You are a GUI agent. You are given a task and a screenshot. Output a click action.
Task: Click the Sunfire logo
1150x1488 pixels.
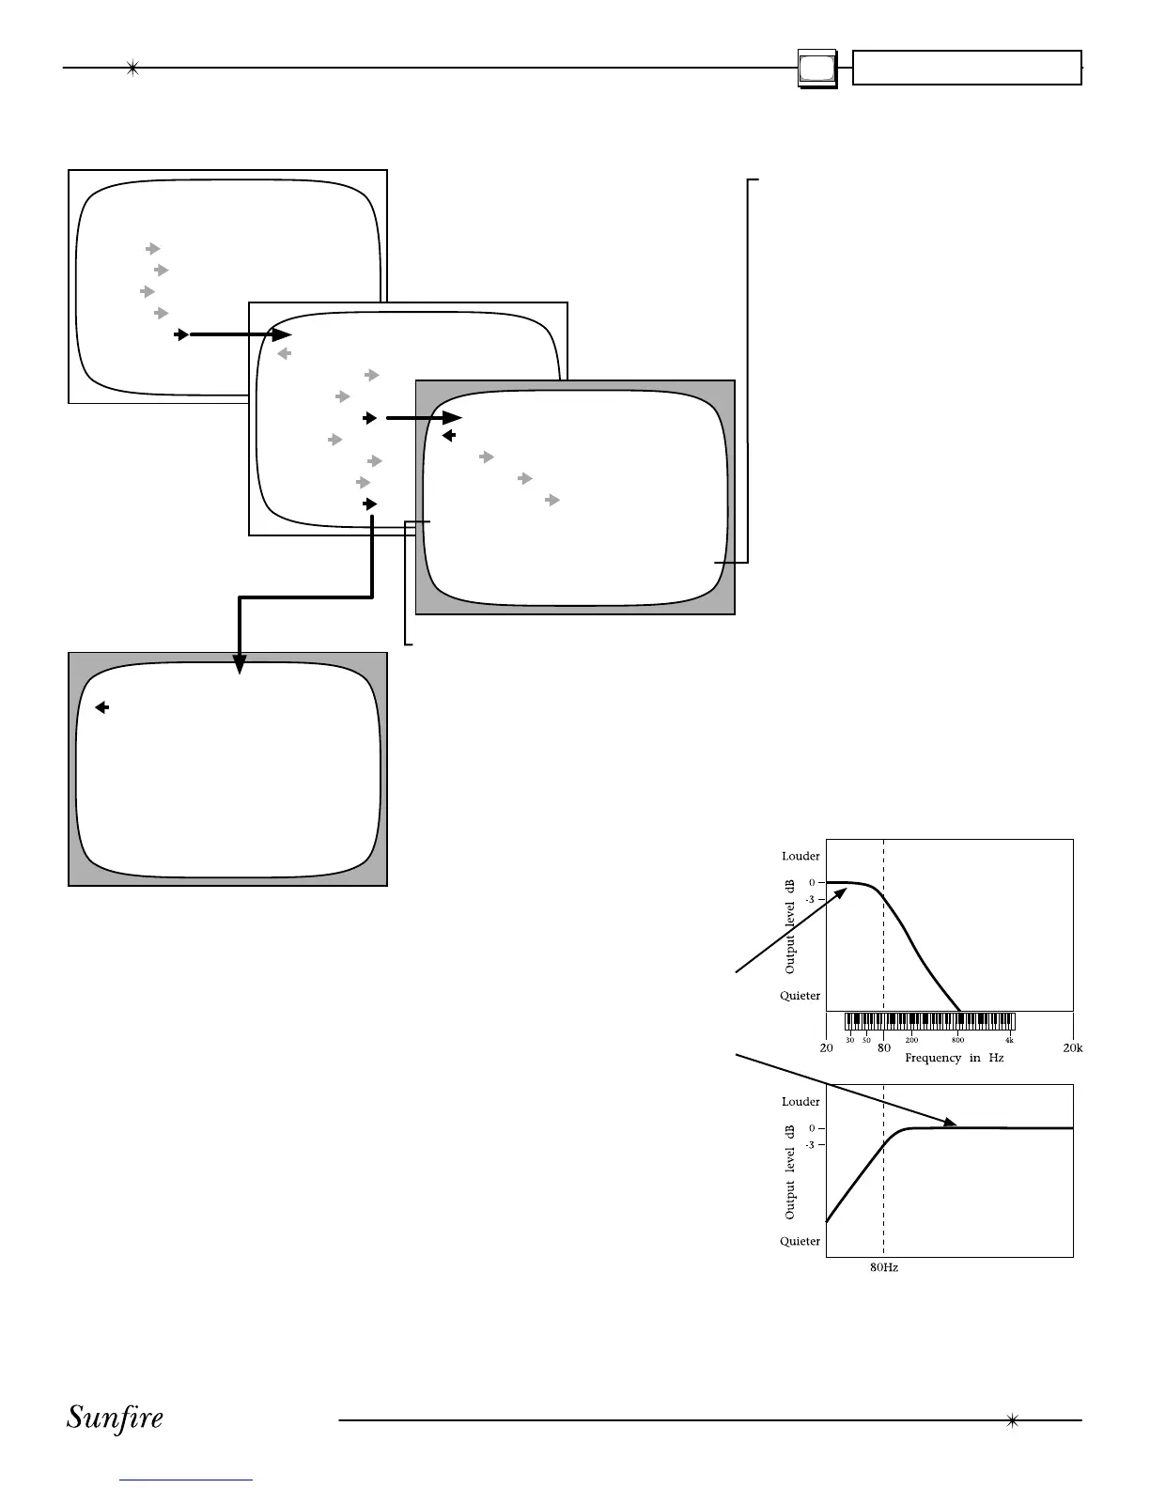pyautogui.click(x=115, y=1418)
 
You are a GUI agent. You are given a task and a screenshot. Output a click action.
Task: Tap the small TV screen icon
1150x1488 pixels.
pyautogui.click(x=816, y=69)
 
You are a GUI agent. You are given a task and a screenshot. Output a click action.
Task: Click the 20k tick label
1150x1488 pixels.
pyautogui.click(x=1072, y=1047)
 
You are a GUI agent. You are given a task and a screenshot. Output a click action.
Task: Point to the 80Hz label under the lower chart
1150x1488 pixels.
pyautogui.click(x=883, y=1267)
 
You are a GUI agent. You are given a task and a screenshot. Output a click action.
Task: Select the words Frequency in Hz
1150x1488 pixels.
pyautogui.click(x=954, y=1058)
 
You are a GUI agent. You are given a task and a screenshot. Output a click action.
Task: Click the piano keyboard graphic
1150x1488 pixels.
pyautogui.click(x=929, y=1022)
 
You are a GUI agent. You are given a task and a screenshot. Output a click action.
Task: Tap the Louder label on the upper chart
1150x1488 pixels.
pyautogui.click(x=800, y=856)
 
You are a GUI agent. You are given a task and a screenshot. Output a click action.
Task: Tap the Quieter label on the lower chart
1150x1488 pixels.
pyautogui.click(x=800, y=1241)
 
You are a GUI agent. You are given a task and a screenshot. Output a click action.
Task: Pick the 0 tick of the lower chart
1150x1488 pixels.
pyautogui.click(x=812, y=1127)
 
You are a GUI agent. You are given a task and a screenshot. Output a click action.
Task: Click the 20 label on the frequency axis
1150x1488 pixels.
pyautogui.click(x=826, y=1047)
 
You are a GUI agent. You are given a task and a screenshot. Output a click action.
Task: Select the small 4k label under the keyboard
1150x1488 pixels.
pyautogui.click(x=1009, y=1040)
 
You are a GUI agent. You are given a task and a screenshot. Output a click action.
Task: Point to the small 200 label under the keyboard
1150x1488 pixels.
pyautogui.click(x=911, y=1040)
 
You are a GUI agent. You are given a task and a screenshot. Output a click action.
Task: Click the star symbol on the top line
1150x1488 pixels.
pyautogui.click(x=132, y=68)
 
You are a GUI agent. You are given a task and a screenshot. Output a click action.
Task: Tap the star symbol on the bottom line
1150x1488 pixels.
pyautogui.click(x=1012, y=1420)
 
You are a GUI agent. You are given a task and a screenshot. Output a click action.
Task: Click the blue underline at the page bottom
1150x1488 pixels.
pyautogui.click(x=187, y=1480)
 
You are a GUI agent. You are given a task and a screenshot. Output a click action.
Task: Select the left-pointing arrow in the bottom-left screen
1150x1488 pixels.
pyautogui.click(x=102, y=707)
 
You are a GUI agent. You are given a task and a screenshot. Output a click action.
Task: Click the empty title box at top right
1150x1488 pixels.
pyautogui.click(x=967, y=69)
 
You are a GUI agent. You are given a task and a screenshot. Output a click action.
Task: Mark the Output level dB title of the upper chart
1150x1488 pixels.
pyautogui.click(x=790, y=925)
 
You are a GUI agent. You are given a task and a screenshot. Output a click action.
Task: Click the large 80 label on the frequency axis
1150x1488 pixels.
pyautogui.click(x=883, y=1047)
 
